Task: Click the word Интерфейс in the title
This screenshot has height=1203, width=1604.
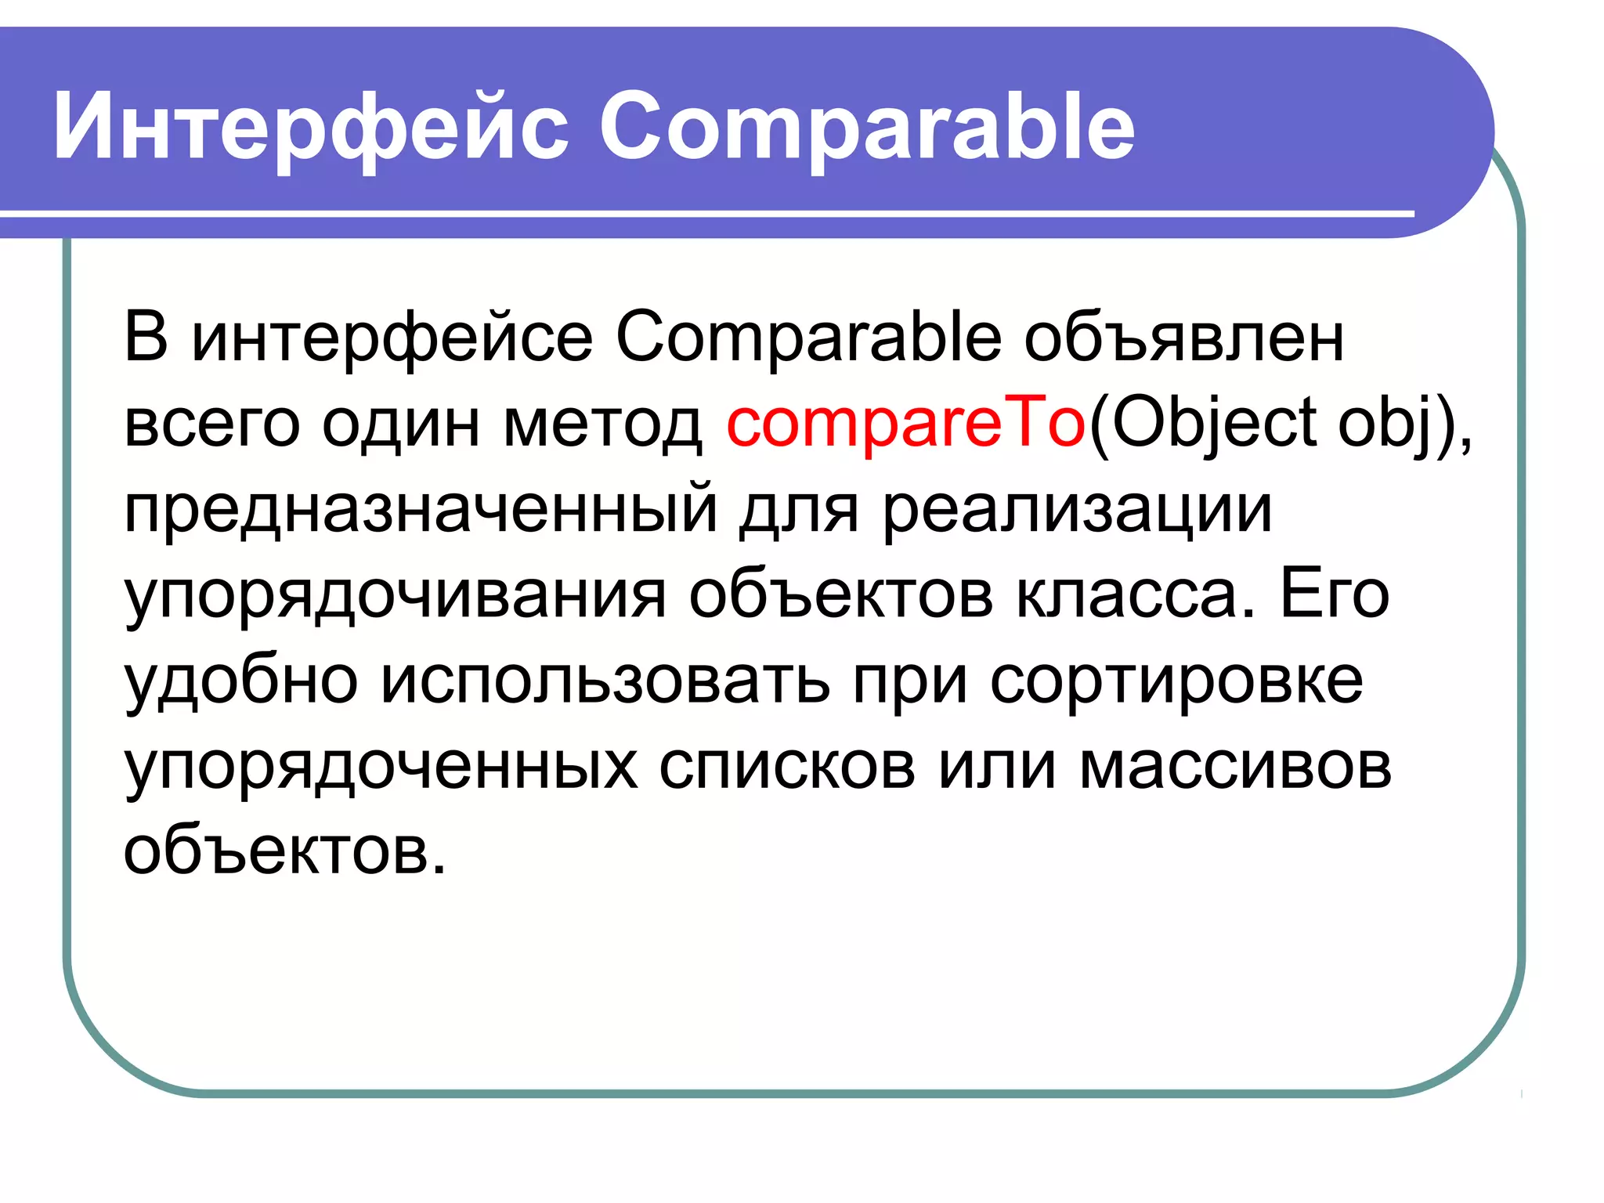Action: pos(310,127)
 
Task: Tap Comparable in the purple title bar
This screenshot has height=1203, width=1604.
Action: pos(866,127)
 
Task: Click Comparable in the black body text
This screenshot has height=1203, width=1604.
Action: pos(808,338)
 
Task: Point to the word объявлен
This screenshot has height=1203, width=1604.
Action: pos(1183,338)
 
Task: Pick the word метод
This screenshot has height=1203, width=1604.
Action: pos(602,424)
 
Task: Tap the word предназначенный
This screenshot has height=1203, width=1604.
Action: pos(421,509)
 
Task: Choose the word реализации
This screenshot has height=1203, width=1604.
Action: pos(1077,509)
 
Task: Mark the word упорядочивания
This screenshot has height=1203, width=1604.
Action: pos(395,595)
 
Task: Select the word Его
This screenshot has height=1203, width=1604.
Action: pos(1335,595)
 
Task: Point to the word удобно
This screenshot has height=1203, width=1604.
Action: pos(241,680)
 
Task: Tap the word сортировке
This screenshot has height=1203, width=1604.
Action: pos(1176,680)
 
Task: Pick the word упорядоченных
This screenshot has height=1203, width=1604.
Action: pos(381,765)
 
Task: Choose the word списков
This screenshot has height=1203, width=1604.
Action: pos(786,765)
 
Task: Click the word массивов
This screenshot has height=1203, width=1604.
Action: pos(1235,765)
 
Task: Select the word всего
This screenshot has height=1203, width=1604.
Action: pos(212,424)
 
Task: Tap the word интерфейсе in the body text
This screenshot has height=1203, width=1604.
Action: pos(392,338)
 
